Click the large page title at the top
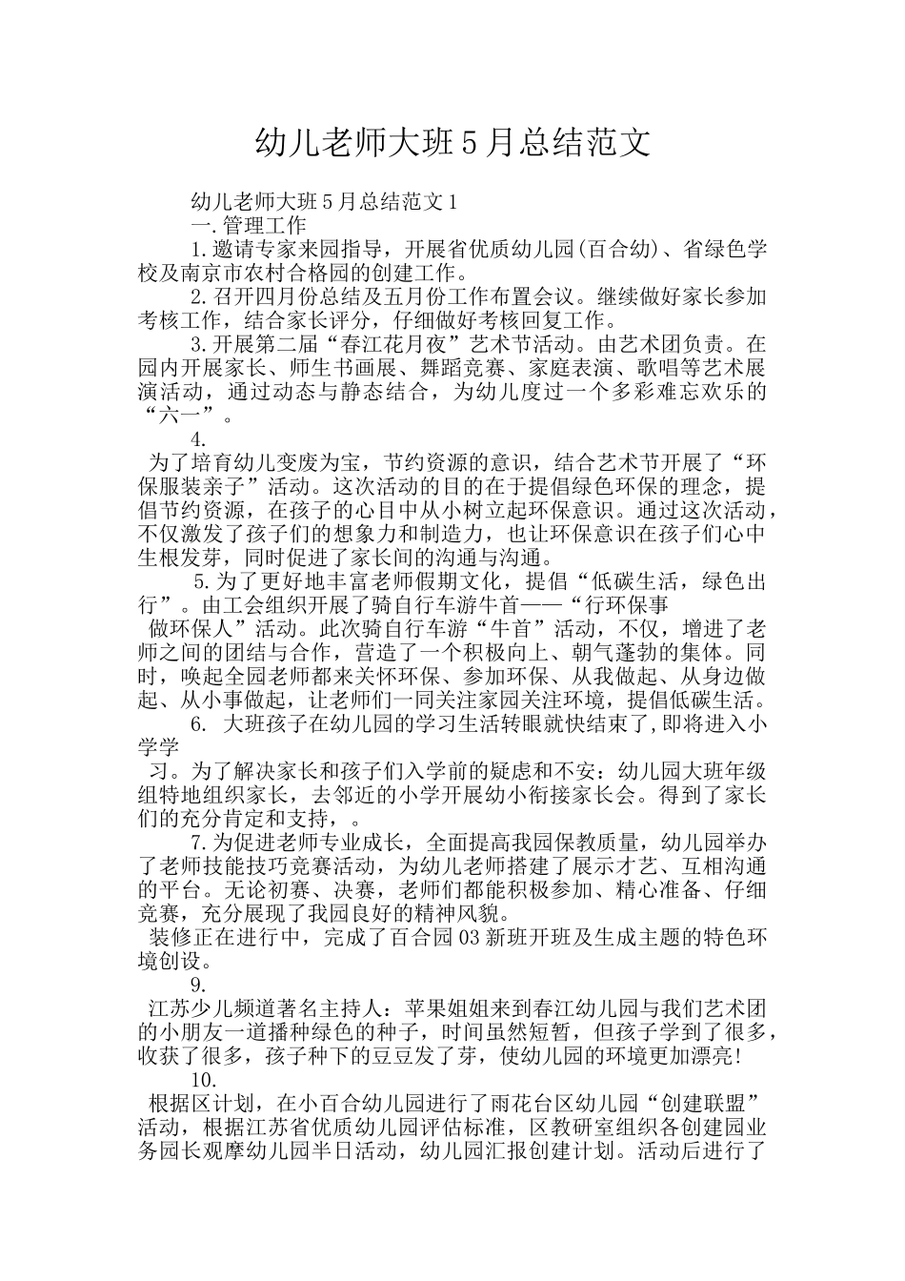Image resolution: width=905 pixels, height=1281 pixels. [452, 143]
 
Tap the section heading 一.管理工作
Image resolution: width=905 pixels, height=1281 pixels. [249, 225]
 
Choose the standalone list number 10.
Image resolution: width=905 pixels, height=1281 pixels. [203, 1080]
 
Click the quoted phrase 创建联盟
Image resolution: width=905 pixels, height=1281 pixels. [700, 1104]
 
